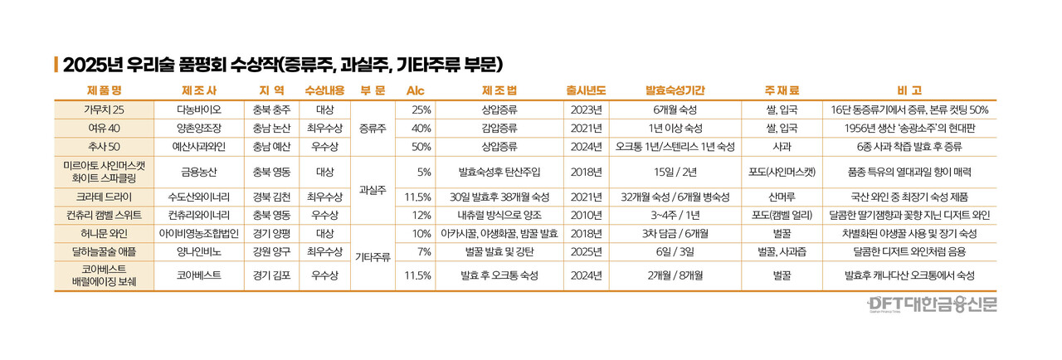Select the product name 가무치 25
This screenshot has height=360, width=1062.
[104, 109]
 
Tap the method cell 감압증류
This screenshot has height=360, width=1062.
[499, 128]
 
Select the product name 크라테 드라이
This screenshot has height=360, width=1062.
[104, 197]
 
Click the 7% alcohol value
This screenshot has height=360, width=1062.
[422, 251]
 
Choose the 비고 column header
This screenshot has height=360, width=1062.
[909, 90]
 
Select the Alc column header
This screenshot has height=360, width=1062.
[414, 90]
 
